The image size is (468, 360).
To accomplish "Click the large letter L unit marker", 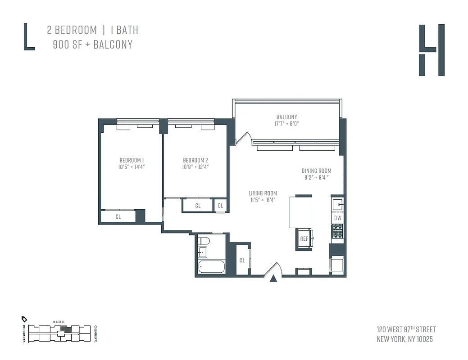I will (x=28, y=37).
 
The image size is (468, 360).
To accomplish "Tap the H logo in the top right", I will (x=432, y=50).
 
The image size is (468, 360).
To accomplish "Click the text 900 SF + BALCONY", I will (x=93, y=45).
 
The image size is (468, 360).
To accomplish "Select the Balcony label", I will (x=287, y=117).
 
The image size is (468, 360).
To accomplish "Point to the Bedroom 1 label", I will (x=132, y=160).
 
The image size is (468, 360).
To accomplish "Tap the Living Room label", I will (x=263, y=193).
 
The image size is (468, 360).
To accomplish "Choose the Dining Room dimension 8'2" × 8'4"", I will (x=316, y=177).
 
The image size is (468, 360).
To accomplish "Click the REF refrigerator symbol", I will (x=304, y=239).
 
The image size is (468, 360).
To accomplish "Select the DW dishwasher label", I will (x=338, y=218).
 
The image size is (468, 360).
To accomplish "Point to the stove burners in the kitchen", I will (x=338, y=231).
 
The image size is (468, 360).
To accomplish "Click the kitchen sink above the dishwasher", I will (x=338, y=205).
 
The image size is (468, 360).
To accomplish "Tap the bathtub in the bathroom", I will (x=211, y=267).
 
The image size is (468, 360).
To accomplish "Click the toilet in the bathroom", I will (x=204, y=241).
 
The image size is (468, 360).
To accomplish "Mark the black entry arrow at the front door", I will (x=273, y=279).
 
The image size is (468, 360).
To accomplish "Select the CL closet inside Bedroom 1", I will (x=118, y=216).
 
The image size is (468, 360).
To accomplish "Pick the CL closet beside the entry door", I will (x=242, y=260).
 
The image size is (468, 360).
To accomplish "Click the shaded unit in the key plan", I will (x=66, y=329).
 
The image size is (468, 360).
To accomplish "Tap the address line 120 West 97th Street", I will (x=406, y=329).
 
